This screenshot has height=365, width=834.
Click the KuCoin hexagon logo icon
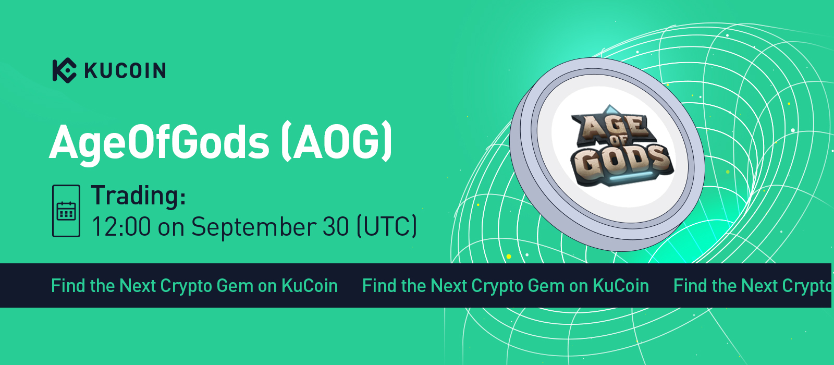click(65, 70)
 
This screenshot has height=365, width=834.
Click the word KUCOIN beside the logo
click(125, 70)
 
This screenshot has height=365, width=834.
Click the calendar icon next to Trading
click(66, 211)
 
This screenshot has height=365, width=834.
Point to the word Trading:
click(139, 195)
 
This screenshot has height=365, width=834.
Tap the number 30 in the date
click(336, 226)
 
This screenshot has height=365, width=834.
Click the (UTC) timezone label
click(387, 226)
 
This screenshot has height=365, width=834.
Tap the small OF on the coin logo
click(619, 141)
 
